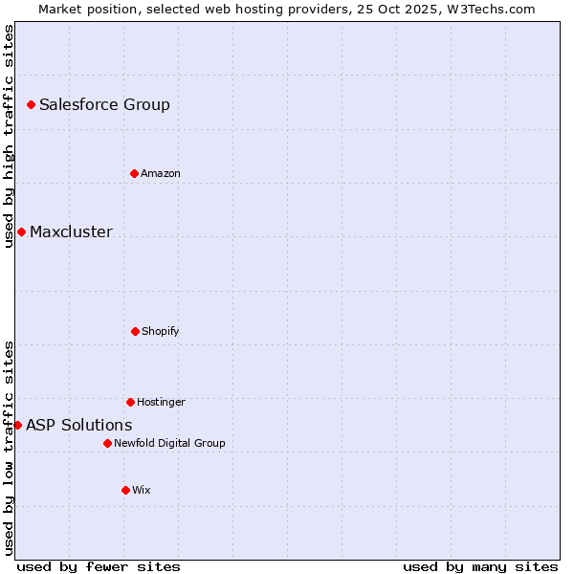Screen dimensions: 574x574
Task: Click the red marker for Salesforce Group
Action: pos(31,104)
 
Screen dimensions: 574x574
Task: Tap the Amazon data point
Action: pos(134,173)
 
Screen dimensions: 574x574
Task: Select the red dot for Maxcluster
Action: pos(21,232)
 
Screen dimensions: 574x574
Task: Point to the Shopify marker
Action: pos(135,331)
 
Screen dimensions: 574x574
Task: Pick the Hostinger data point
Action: pos(130,402)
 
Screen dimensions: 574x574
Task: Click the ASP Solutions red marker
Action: pos(17,425)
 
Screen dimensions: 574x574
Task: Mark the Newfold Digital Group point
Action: pos(107,443)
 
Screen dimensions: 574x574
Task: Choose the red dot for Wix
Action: pos(125,490)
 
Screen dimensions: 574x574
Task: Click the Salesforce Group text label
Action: pos(104,105)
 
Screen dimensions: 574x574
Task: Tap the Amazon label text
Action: pos(161,174)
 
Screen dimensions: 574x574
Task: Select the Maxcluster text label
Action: pos(71,232)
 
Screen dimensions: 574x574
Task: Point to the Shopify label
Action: pos(161,332)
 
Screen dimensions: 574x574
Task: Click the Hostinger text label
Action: pos(161,403)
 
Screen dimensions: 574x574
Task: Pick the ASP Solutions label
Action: pos(79,426)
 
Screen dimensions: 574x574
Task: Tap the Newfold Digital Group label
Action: pos(169,444)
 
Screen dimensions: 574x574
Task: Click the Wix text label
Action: pos(142,491)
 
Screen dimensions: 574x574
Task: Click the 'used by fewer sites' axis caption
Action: pos(99,566)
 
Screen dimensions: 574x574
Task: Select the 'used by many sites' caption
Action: pos(480,566)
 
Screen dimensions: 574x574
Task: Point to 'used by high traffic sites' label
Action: pos(9,136)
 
